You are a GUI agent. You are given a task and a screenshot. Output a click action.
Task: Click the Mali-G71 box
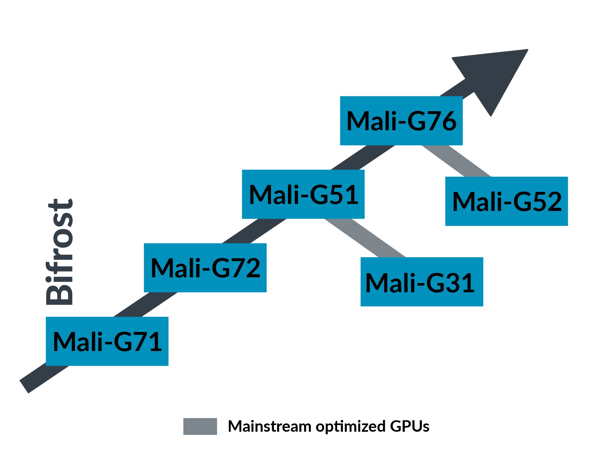107,341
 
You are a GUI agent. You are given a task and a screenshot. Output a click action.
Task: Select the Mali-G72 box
205,268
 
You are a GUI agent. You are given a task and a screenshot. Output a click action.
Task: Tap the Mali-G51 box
303,194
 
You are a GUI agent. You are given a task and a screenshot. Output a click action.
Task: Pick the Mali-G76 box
401,121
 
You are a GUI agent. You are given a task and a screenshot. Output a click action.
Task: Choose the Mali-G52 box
507,201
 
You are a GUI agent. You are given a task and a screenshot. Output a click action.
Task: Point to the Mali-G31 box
422,282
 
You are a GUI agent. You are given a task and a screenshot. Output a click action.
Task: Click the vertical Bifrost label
60,253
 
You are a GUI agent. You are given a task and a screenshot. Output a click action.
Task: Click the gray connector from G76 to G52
456,161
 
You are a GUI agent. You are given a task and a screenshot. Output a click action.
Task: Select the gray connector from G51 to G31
365,238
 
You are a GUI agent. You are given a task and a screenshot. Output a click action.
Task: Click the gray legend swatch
200,426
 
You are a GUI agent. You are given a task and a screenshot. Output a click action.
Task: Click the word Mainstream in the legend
269,426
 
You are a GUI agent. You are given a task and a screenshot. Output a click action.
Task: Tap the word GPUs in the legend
410,426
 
